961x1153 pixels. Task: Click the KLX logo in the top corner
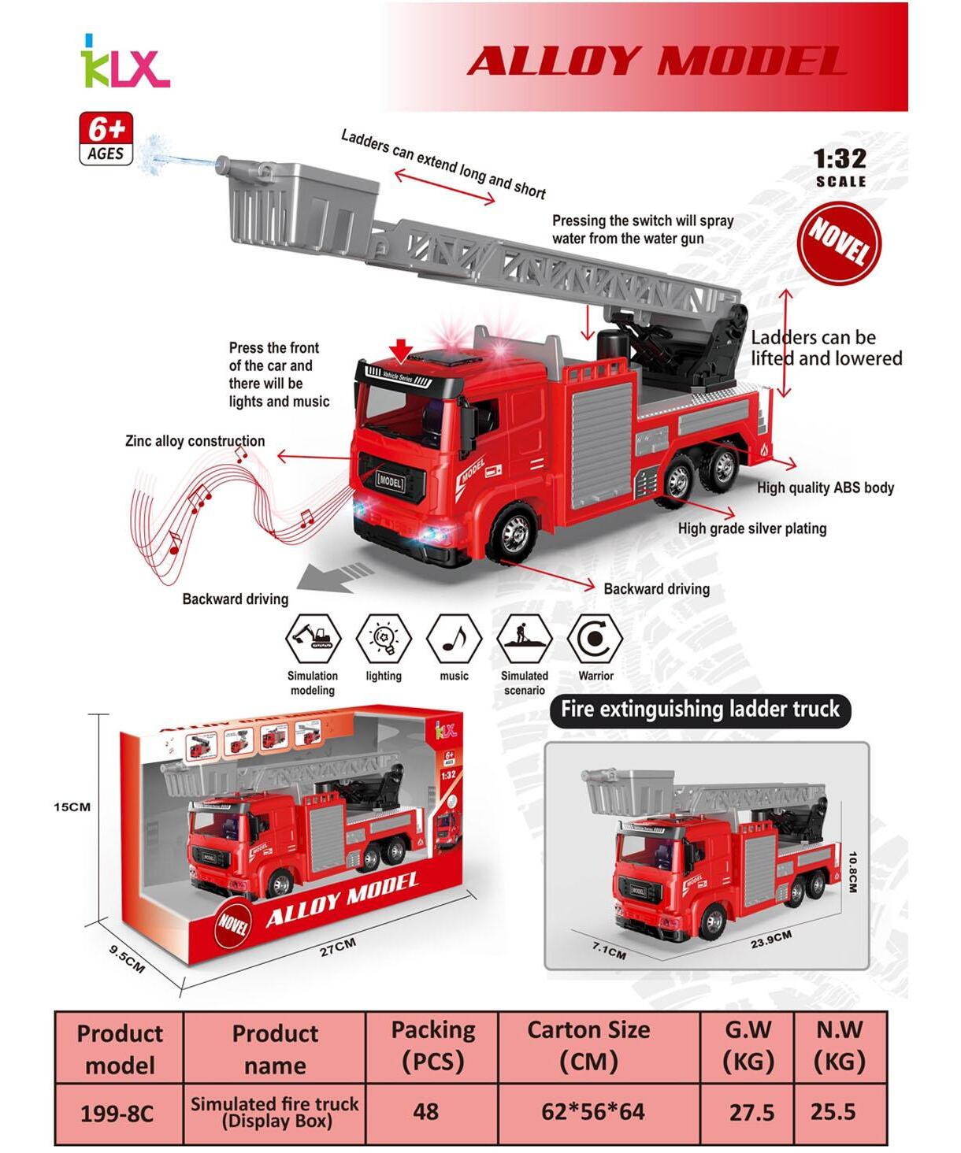tap(124, 63)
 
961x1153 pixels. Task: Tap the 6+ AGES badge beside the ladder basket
tap(106, 139)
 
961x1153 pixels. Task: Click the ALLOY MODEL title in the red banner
tap(656, 61)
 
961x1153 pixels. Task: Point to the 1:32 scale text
tap(840, 160)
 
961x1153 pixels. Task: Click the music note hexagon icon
tap(454, 639)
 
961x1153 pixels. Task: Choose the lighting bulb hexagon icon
tap(384, 639)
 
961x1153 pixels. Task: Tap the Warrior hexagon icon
tap(595, 639)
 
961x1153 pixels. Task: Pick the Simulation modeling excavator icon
tap(313, 639)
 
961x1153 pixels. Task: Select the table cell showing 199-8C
tap(117, 1114)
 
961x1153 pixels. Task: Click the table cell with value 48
tap(426, 1111)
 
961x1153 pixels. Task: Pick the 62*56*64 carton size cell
tap(593, 1111)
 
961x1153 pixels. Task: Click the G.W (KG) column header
tap(748, 1045)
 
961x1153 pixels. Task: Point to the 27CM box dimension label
tap(337, 947)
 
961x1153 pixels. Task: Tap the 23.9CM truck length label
tap(770, 939)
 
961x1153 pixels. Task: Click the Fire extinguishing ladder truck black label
tap(699, 710)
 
